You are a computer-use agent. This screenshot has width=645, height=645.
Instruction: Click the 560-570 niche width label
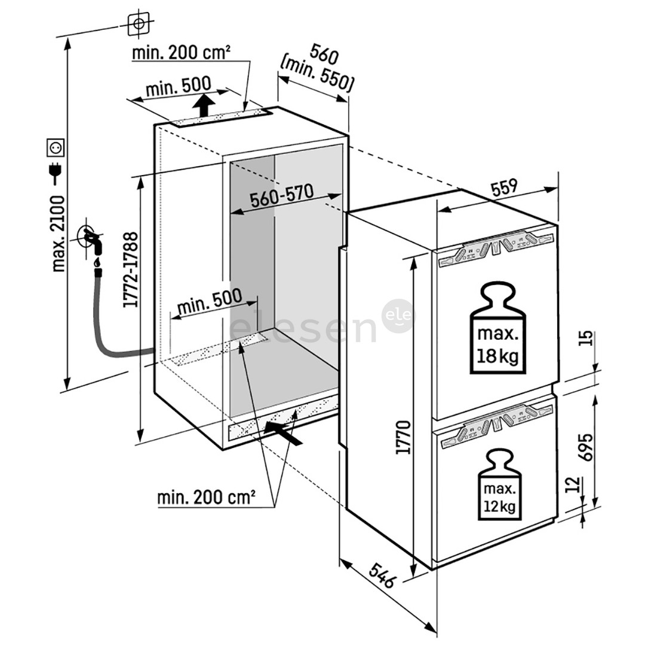282,198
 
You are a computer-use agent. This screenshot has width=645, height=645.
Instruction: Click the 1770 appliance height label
403,438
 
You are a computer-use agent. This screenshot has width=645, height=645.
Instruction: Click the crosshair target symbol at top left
139,24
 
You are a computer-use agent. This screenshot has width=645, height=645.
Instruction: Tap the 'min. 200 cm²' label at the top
181,53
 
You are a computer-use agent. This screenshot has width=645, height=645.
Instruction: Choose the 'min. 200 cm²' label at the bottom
207,497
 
